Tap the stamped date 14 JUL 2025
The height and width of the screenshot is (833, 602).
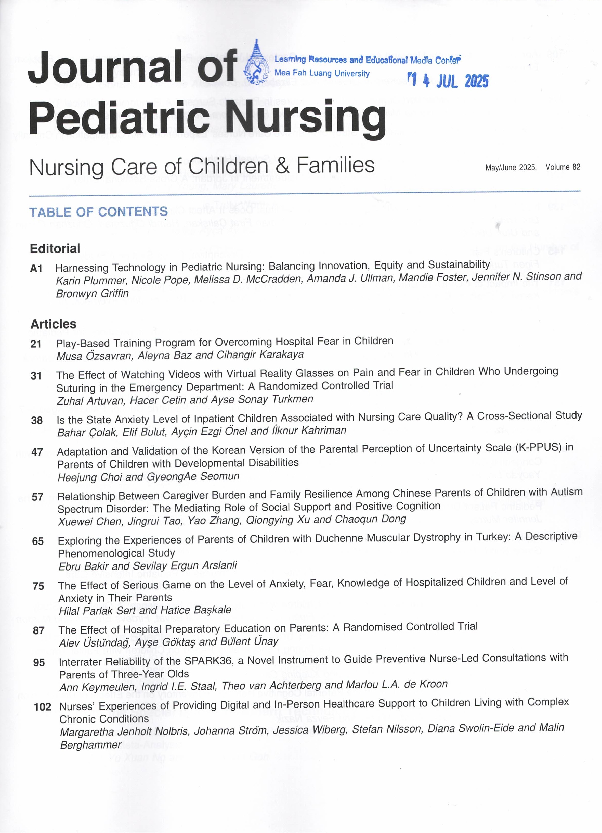[x=449, y=80]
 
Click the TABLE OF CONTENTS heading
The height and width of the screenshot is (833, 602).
[x=98, y=212]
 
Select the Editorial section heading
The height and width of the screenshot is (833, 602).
[x=55, y=249]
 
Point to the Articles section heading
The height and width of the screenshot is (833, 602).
[x=54, y=324]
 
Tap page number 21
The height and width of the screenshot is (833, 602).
[x=36, y=344]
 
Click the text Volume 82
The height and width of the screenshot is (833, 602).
[x=563, y=167]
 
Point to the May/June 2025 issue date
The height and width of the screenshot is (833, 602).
[x=511, y=168]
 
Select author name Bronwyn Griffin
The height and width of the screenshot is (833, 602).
[x=92, y=294]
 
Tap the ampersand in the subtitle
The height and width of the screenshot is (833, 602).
[x=282, y=165]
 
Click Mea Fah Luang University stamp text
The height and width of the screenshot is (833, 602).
[x=322, y=73]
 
